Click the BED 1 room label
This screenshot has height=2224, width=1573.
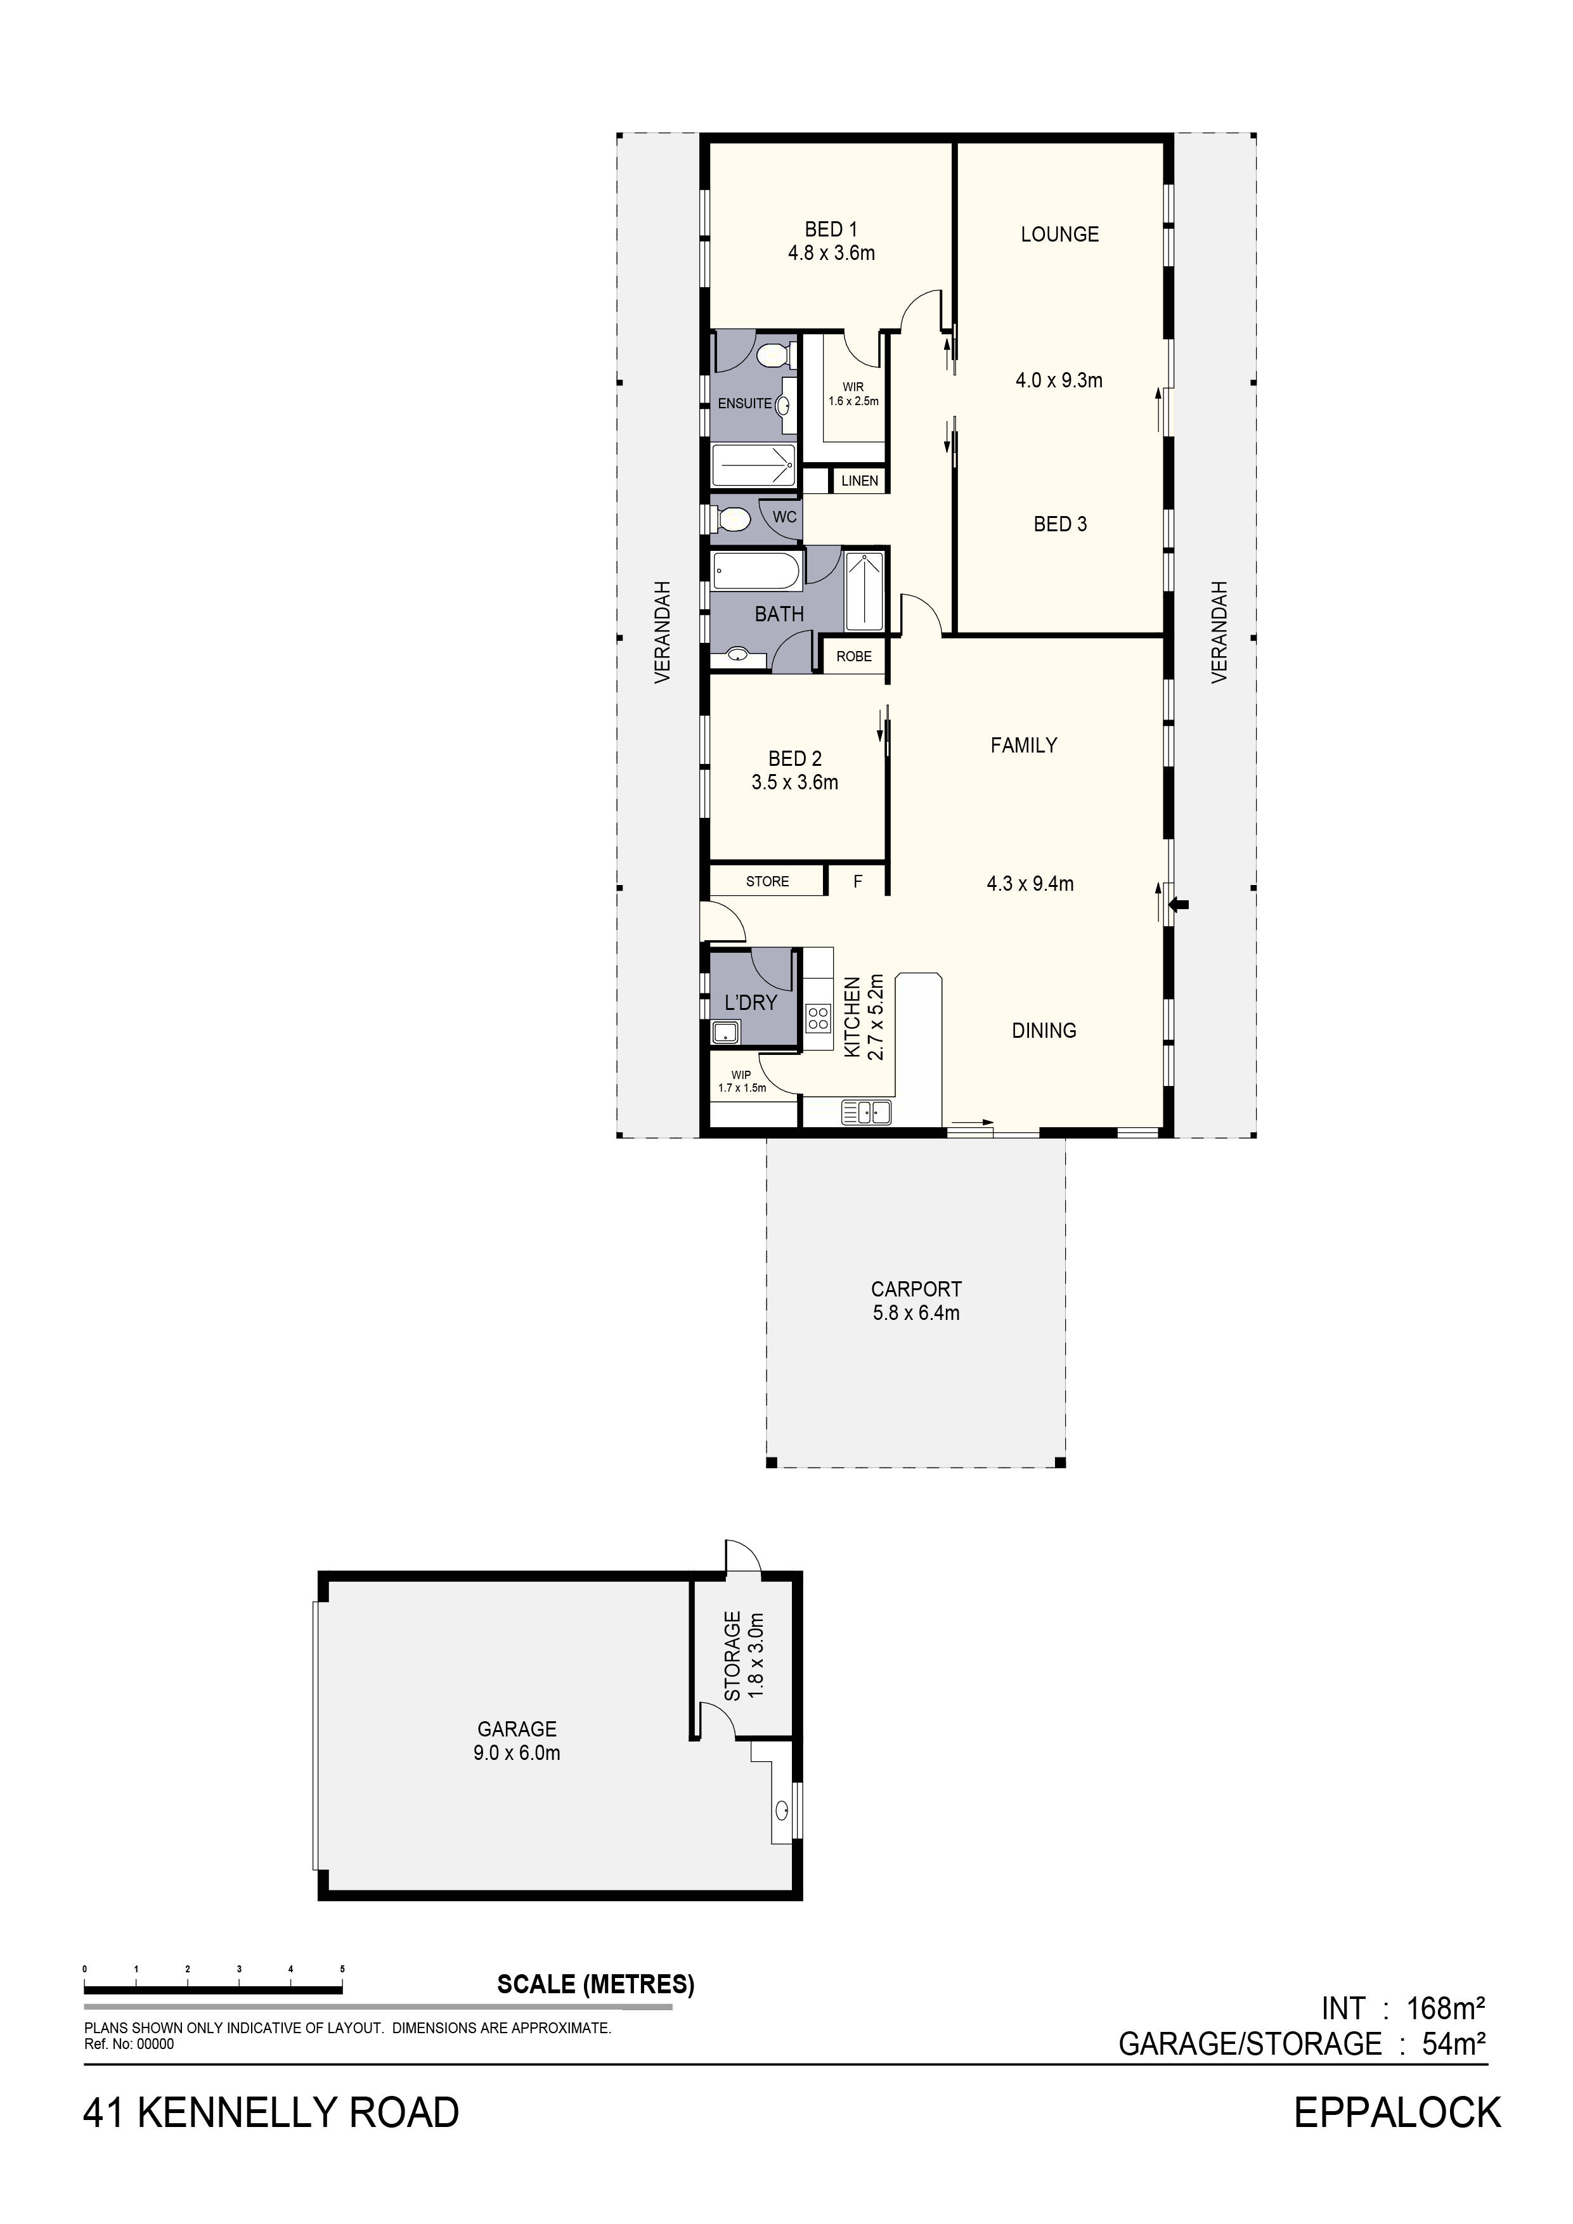tap(831, 230)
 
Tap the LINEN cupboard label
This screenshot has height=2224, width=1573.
tap(859, 481)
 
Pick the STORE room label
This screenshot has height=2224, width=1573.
tap(767, 881)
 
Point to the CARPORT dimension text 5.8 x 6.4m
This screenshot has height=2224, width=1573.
tap(916, 1314)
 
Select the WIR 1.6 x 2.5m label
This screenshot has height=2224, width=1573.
tap(853, 393)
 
